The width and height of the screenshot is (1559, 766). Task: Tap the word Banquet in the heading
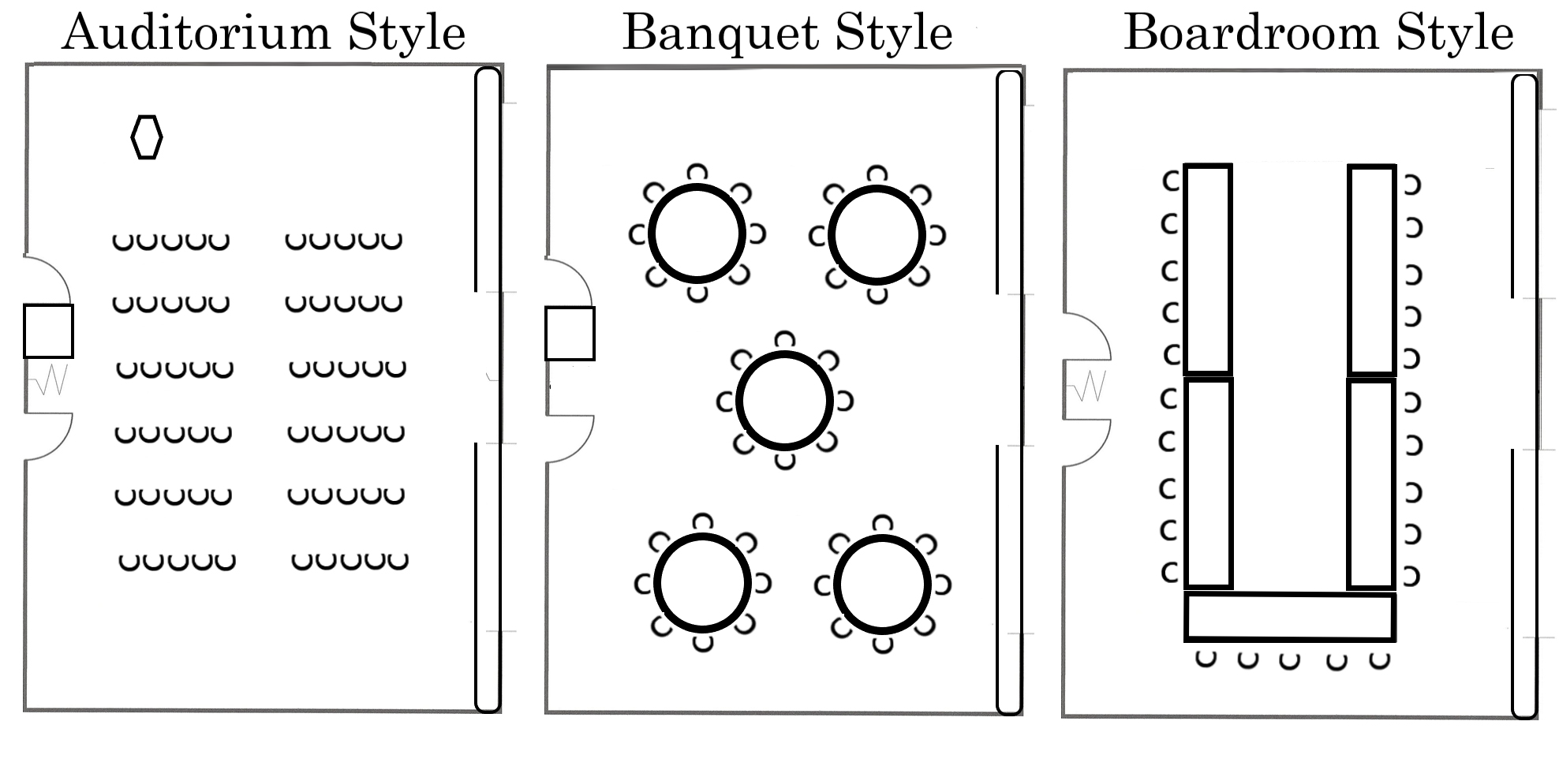[720, 33]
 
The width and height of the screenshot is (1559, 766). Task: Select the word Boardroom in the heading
[1251, 33]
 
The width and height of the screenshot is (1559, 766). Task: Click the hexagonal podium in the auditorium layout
[147, 137]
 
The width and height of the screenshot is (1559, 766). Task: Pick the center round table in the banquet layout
[784, 401]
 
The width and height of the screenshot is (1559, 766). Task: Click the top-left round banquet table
[697, 234]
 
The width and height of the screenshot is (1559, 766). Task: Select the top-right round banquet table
[877, 234]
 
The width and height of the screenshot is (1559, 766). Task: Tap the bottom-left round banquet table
[701, 584]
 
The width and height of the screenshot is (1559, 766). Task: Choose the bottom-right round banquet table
[882, 585]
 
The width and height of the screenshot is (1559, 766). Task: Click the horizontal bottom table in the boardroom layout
[1290, 617]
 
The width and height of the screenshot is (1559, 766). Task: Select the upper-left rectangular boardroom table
[1208, 268]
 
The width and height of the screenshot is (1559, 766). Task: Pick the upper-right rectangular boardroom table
[1371, 269]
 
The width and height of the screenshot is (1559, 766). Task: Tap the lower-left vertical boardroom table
[1208, 484]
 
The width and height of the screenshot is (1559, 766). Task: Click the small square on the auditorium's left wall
[48, 331]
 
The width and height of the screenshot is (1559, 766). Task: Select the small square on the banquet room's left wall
[570, 334]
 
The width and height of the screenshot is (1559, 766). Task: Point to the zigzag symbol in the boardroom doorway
[1089, 386]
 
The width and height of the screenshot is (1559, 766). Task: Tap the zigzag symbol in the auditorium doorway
[49, 380]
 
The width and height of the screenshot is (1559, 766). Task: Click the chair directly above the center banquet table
[784, 340]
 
